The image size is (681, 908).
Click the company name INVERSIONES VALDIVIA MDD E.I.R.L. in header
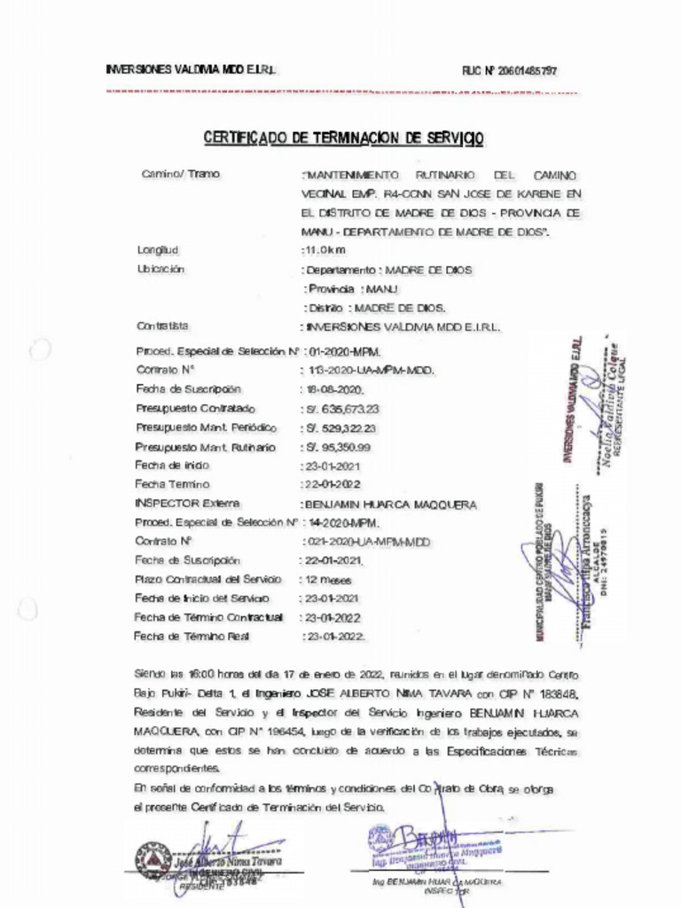coord(192,70)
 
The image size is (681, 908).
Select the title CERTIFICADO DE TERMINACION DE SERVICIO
coord(344,138)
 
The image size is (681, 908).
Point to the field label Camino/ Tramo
coord(181,174)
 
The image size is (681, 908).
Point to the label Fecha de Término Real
coord(192,636)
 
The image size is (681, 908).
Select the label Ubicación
coord(160,269)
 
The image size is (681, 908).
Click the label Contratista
coord(163,325)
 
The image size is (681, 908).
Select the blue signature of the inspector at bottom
coord(426,838)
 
